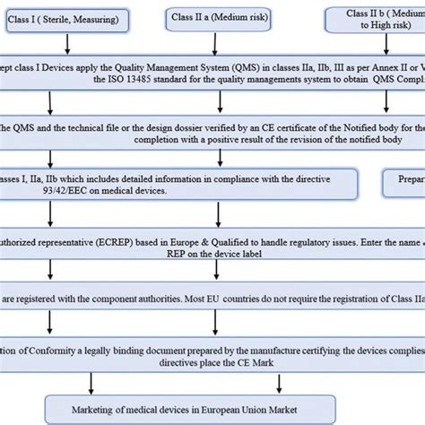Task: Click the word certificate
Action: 282,126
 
